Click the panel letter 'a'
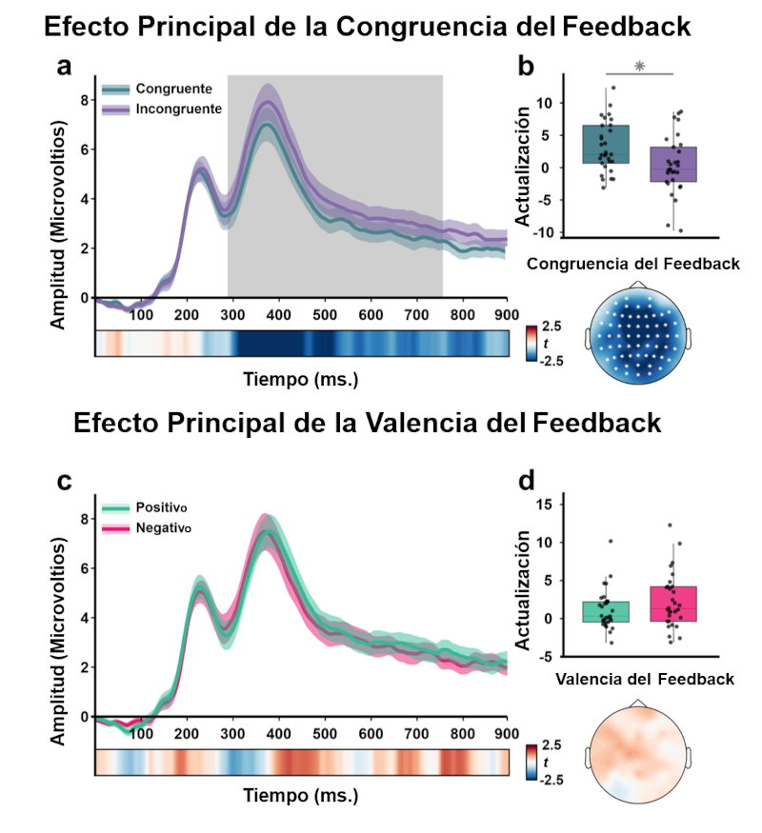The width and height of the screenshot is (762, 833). pyautogui.click(x=64, y=66)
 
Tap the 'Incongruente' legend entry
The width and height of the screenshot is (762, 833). pyautogui.click(x=177, y=109)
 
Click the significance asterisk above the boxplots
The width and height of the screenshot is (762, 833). pyautogui.click(x=639, y=67)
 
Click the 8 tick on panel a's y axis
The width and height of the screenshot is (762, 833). pyautogui.click(x=83, y=100)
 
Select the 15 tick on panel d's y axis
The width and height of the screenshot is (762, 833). pyautogui.click(x=545, y=504)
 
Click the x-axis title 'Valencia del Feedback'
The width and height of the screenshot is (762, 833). pyautogui.click(x=645, y=679)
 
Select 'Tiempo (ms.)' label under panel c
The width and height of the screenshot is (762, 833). pyautogui.click(x=301, y=793)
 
